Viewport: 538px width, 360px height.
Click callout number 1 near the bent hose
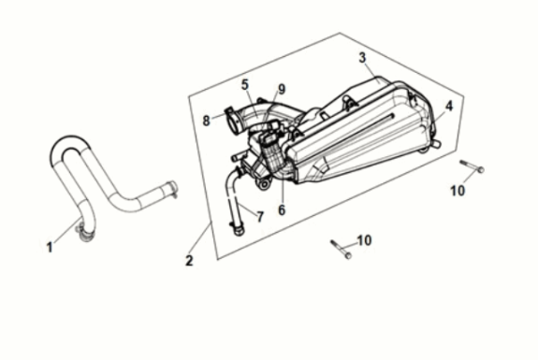pos(50,247)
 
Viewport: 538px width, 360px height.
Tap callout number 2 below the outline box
pos(189,261)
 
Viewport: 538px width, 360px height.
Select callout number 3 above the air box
pos(362,58)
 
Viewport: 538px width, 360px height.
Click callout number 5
pos(245,85)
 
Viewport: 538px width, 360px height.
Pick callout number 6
pos(281,209)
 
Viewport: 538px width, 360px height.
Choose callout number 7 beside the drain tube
pos(259,216)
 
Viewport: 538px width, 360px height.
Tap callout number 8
pos(206,120)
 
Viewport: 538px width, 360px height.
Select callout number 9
pos(280,91)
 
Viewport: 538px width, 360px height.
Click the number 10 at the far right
pos(457,192)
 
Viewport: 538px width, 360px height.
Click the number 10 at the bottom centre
pos(363,240)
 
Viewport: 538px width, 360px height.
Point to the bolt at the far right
pos(472,168)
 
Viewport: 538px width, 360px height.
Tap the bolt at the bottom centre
pos(340,249)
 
